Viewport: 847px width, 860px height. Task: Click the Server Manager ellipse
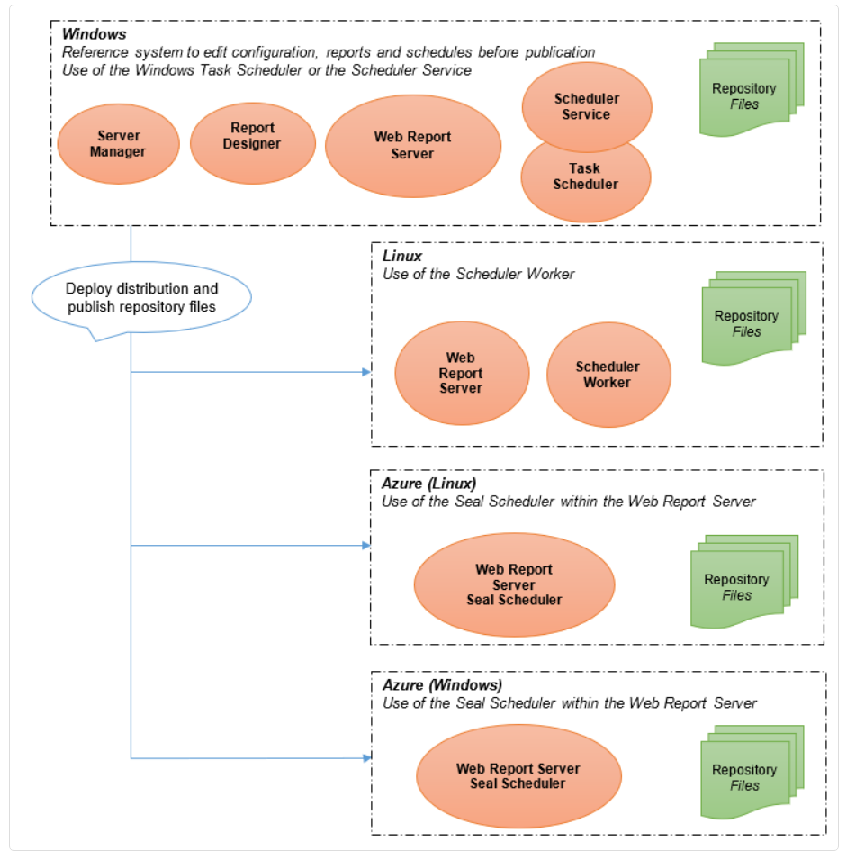(x=119, y=144)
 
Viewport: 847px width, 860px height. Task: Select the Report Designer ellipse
(x=253, y=143)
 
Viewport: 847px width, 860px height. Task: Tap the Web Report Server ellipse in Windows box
(x=413, y=146)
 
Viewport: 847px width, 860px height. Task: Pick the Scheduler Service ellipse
(x=587, y=107)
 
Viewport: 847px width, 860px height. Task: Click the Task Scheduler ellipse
(x=585, y=184)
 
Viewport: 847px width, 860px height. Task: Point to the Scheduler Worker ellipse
(x=608, y=375)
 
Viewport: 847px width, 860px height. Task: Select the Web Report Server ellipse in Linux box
(x=462, y=373)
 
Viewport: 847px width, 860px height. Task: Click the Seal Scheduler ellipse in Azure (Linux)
(x=514, y=584)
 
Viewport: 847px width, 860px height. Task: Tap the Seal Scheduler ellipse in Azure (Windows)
(x=518, y=776)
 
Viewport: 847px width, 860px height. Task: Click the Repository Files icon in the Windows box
(x=751, y=89)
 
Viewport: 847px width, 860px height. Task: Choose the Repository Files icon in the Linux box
(x=753, y=318)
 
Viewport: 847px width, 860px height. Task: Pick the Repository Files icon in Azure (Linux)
(x=743, y=582)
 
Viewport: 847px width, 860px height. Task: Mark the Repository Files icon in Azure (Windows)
(x=752, y=773)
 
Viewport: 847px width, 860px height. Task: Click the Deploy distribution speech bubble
(x=141, y=298)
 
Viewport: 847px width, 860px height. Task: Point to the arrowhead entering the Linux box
(x=366, y=372)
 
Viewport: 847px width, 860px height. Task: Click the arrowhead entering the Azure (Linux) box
(x=366, y=545)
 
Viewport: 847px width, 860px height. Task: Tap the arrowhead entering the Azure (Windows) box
(x=366, y=758)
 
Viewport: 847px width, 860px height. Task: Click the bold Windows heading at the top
(x=94, y=34)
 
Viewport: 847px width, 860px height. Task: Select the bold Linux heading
(x=401, y=256)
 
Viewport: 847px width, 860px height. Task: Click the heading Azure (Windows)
(x=442, y=685)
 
